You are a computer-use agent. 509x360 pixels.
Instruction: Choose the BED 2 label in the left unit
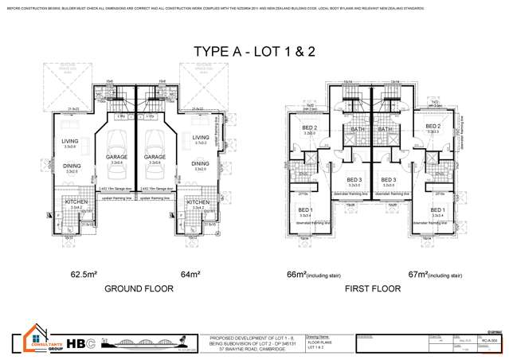pos(310,127)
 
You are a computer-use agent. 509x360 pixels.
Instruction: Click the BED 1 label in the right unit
pos(437,209)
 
